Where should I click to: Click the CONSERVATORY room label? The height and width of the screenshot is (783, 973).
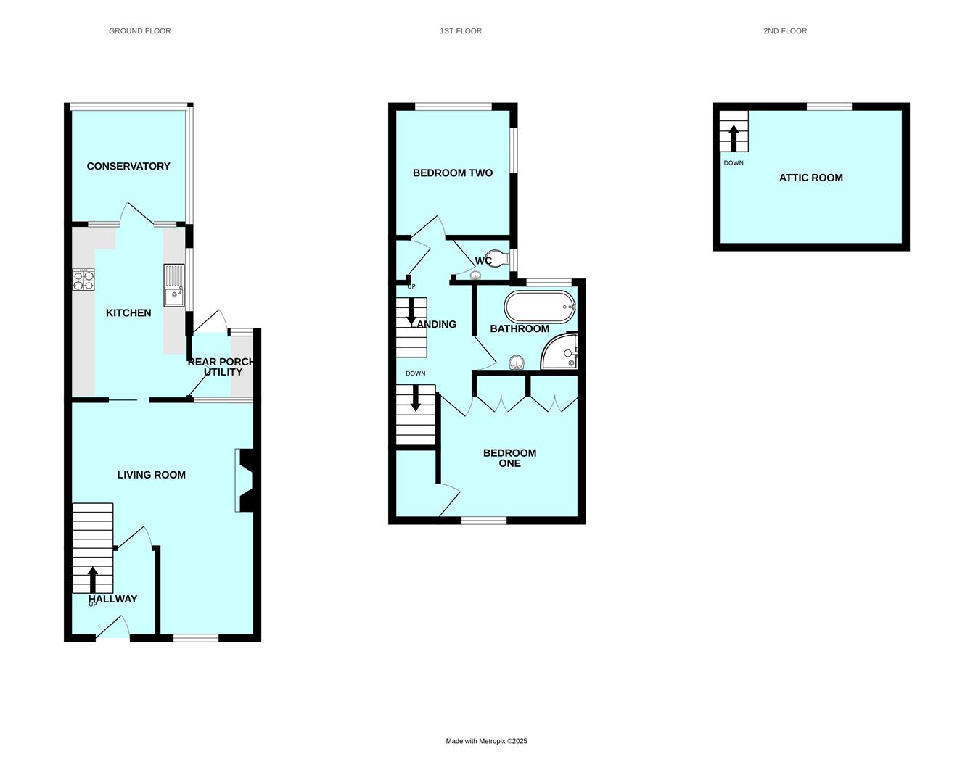pos(128,166)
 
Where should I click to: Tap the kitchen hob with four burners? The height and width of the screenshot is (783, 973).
pos(83,280)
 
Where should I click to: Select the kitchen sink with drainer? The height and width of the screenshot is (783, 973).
pos(174,286)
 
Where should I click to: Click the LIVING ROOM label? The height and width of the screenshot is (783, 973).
pos(152,475)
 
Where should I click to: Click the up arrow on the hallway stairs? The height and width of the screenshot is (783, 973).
pos(93,579)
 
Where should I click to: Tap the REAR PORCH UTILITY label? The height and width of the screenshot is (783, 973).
pos(222,367)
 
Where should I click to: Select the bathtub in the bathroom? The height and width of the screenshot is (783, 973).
pos(540,307)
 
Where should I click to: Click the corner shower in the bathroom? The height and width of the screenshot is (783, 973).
pos(561,352)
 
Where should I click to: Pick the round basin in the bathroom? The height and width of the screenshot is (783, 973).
pos(517,362)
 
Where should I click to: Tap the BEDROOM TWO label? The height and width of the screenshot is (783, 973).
pos(453,173)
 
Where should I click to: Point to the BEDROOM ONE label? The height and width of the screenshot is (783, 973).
pos(510,458)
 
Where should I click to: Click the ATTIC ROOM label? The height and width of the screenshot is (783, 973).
pos(811,178)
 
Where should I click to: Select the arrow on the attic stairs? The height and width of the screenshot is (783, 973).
pos(734,138)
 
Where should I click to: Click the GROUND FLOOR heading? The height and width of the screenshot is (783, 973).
pos(140,31)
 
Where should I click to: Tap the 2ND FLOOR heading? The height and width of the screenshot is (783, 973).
pos(785,31)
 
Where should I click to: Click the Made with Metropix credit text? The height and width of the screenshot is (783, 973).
pos(486,741)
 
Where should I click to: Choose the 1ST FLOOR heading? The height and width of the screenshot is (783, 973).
pos(461,31)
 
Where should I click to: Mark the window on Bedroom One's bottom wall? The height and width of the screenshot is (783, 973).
pos(484,520)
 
